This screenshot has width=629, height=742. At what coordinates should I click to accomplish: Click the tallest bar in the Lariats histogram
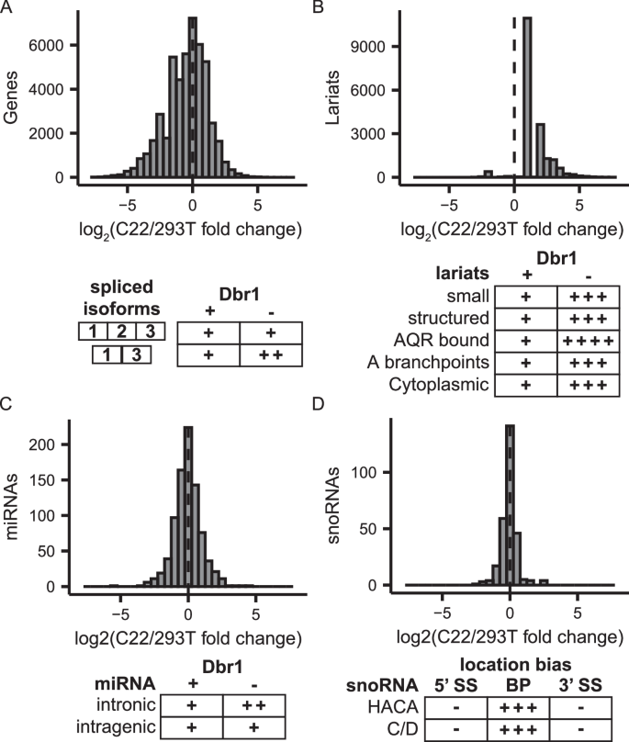[527, 97]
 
